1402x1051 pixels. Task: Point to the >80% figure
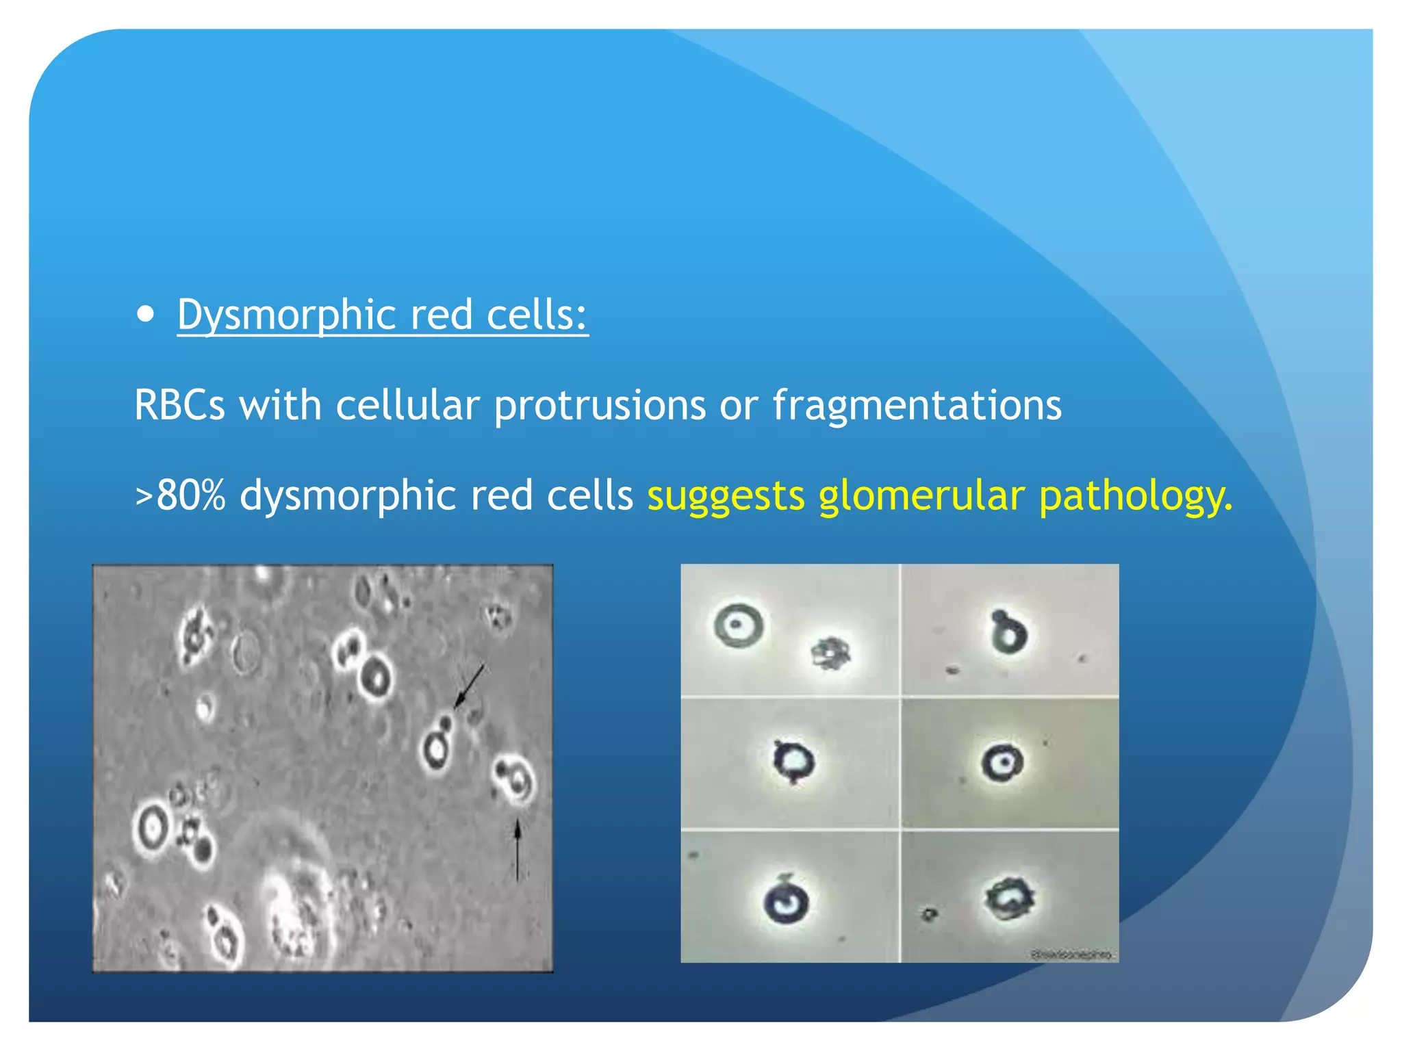click(x=181, y=495)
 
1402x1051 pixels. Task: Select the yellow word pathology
click(x=1136, y=495)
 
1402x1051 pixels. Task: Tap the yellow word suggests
click(x=726, y=496)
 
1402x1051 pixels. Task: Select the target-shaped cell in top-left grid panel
click(x=738, y=625)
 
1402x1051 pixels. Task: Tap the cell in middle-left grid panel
click(x=793, y=761)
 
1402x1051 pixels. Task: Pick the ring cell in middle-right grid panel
click(x=1002, y=762)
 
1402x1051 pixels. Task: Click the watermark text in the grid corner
click(x=1072, y=955)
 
